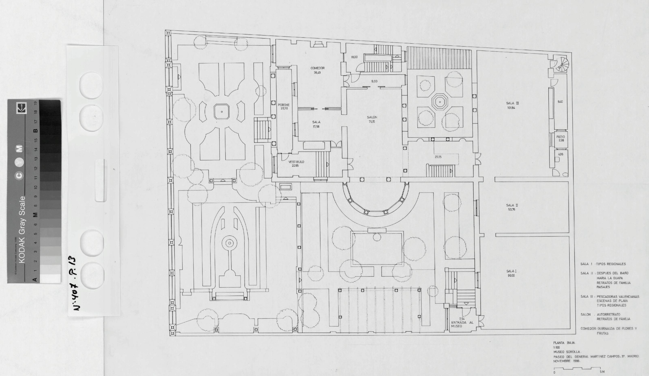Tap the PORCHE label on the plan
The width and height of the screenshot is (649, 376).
tap(284, 105)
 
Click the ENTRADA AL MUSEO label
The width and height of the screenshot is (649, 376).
tap(462, 324)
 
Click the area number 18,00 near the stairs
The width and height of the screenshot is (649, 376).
tap(354, 57)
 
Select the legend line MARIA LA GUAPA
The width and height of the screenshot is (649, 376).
tap(610, 278)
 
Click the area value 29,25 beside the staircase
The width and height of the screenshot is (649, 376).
tap(438, 157)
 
